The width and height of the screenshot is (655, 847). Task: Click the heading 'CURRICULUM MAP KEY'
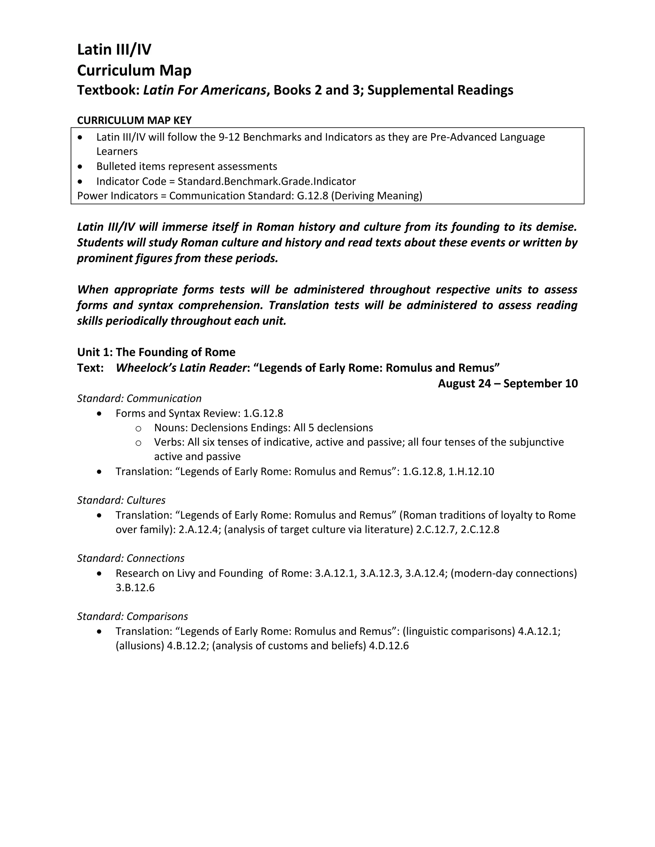coord(134,120)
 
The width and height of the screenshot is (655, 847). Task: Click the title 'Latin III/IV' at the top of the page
coord(114,50)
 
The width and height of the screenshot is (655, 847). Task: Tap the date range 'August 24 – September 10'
coord(508,383)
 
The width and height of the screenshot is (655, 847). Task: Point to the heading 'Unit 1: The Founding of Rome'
coord(156,352)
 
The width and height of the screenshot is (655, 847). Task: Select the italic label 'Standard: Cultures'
coord(121,500)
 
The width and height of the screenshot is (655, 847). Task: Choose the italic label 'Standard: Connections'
coord(130,558)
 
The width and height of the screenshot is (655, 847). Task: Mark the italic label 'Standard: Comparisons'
coord(132,616)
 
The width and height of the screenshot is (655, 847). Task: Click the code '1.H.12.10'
coord(471,471)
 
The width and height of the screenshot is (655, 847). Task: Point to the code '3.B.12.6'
coord(135,587)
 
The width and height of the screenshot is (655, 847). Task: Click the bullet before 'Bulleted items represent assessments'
coord(80,167)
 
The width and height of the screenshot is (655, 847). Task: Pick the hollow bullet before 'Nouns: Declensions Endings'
coord(138,428)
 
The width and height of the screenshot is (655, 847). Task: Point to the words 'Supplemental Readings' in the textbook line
coord(440,90)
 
